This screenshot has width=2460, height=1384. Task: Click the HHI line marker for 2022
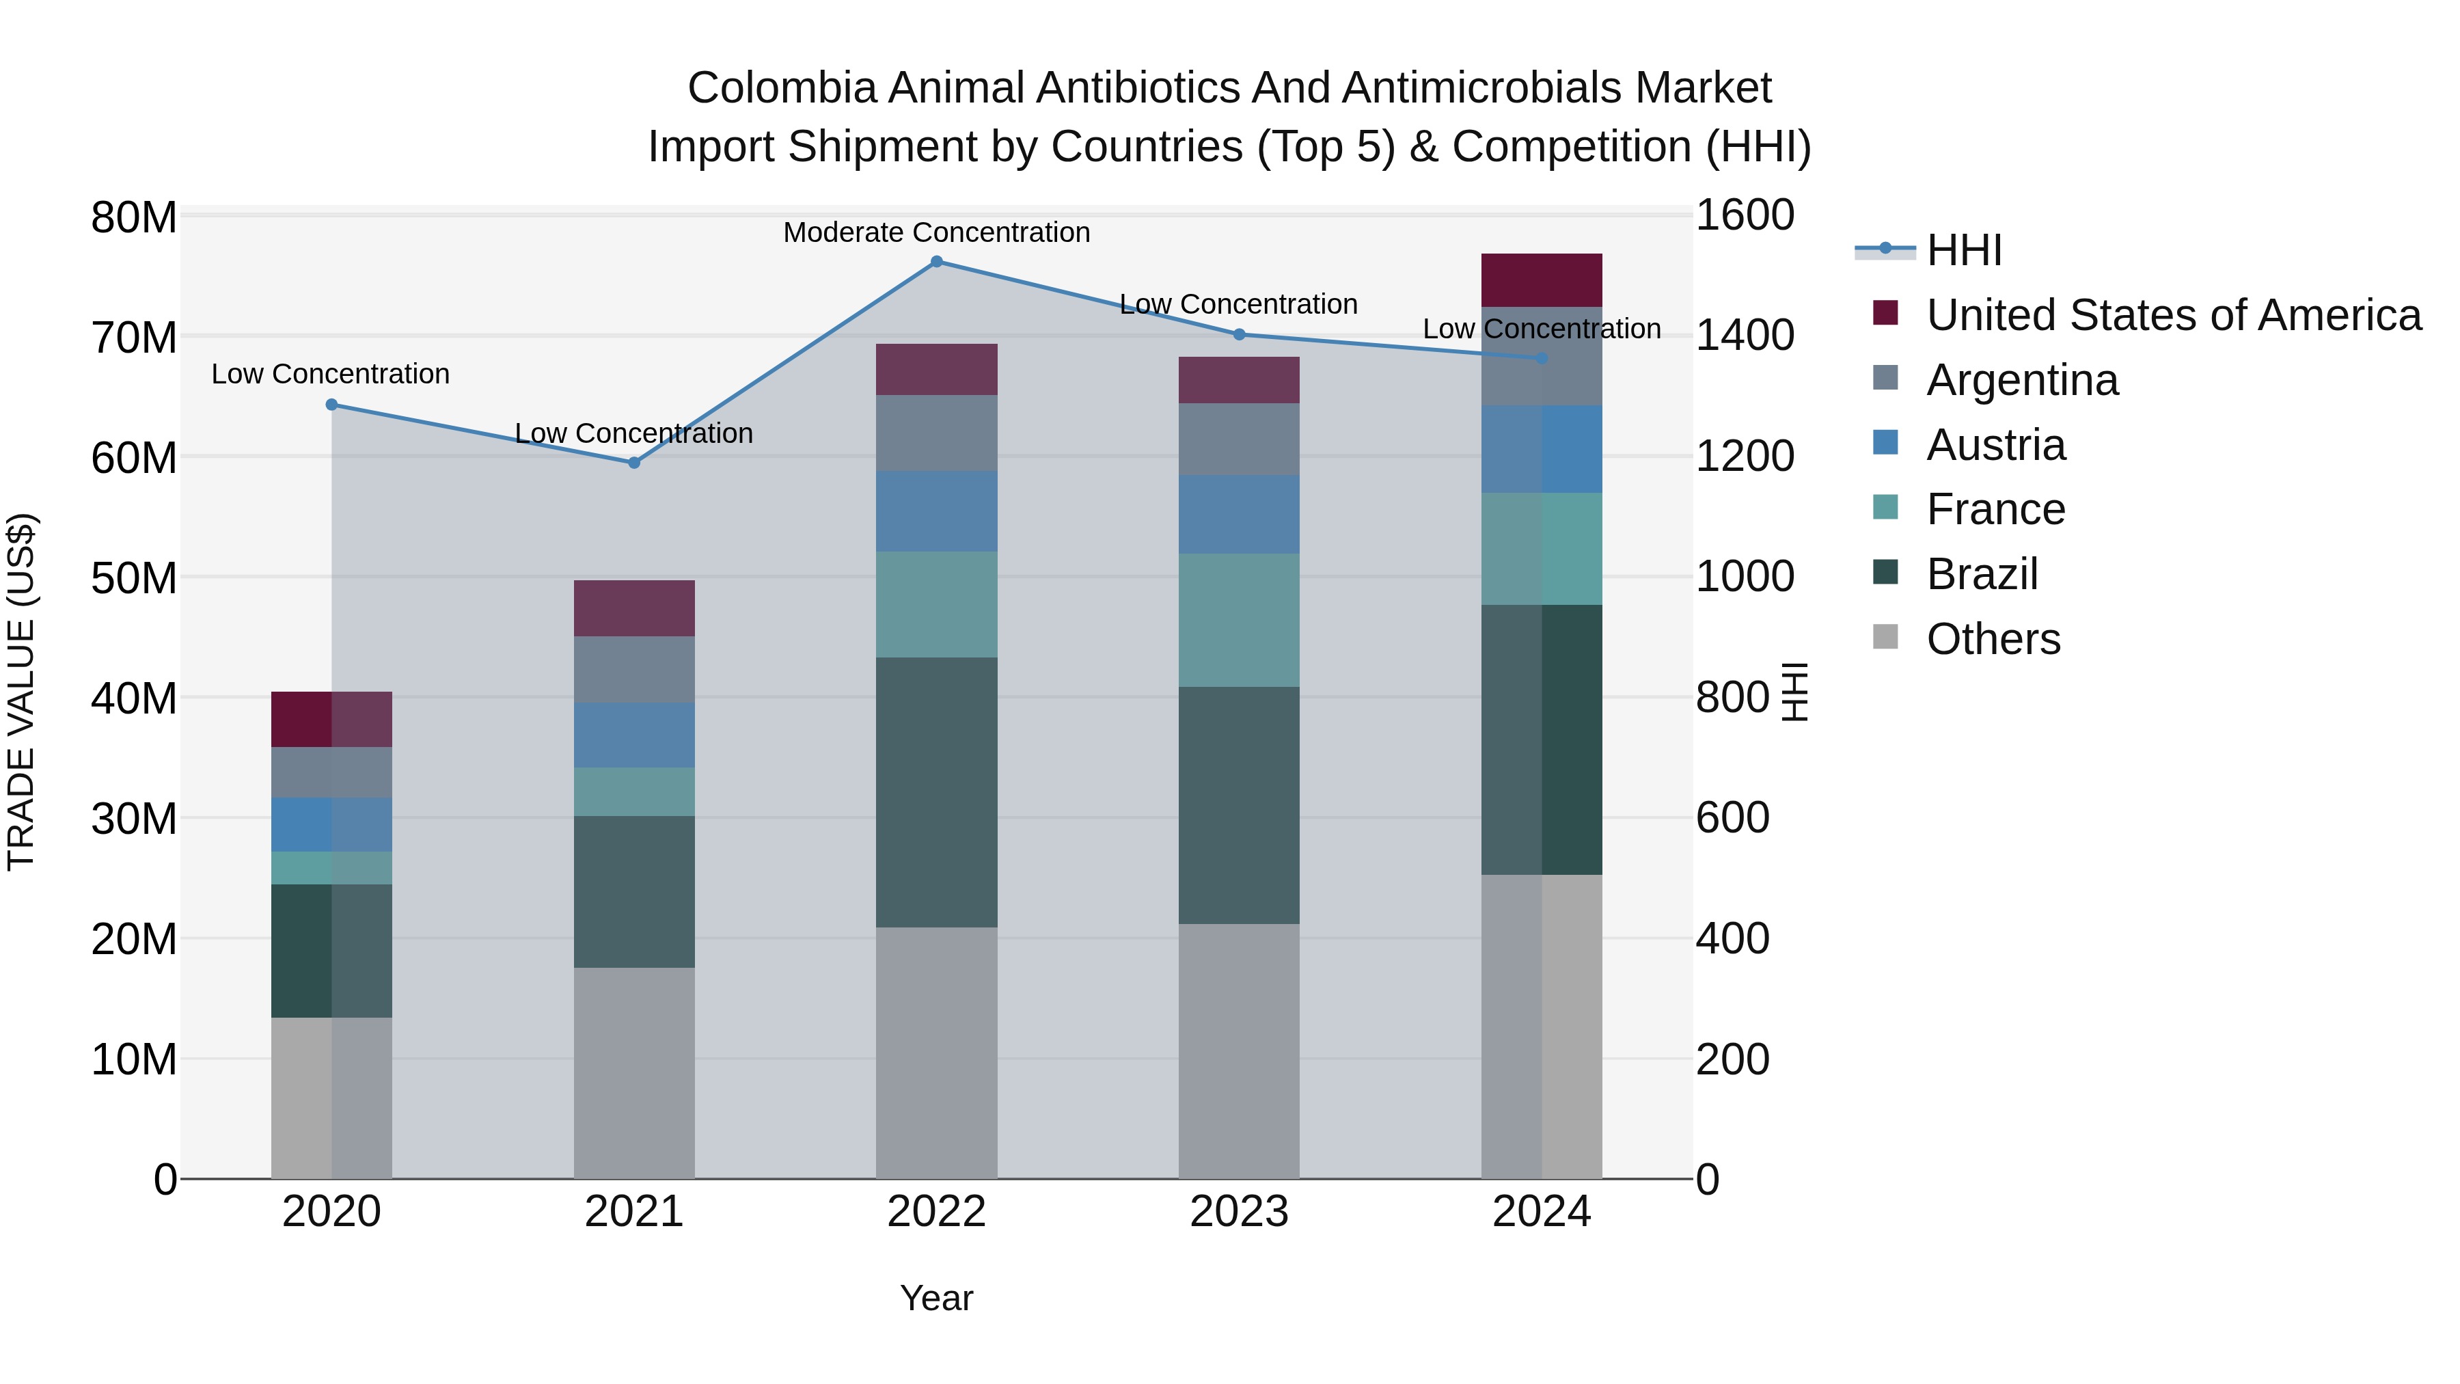point(936,262)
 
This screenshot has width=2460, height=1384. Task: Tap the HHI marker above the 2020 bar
point(331,405)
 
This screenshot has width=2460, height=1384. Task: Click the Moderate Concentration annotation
point(936,233)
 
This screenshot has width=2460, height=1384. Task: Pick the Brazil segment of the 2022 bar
point(936,793)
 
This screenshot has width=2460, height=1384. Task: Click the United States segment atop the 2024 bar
point(1542,281)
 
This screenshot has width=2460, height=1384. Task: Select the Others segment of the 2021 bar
point(634,1074)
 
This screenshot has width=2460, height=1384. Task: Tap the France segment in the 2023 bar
point(1239,621)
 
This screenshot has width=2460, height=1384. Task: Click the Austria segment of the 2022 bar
point(936,511)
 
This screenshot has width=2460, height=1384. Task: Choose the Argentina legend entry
point(2022,380)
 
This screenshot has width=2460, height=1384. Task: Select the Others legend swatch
point(1885,637)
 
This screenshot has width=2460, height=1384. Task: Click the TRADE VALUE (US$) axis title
point(22,692)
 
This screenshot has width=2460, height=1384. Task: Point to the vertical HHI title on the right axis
point(1794,692)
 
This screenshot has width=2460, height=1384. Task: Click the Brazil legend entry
point(1982,575)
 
